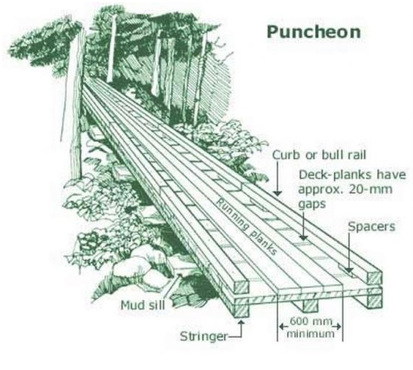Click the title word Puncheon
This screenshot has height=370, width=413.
pos(313,32)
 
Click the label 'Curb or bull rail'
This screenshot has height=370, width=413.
pos(319,155)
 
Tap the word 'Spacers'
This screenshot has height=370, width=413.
pos(372,226)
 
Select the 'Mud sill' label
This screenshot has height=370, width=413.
pos(143,306)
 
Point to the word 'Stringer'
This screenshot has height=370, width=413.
pos(204,336)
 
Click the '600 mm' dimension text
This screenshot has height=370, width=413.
pos(310,321)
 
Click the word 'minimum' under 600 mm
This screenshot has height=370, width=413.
pos(310,333)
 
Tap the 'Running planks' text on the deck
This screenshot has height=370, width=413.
pos(247,226)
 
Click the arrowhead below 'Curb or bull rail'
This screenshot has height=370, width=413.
pos(277,193)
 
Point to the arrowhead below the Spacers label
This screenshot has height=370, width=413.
pos(349,270)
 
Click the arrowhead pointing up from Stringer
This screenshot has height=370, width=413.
pos(241,322)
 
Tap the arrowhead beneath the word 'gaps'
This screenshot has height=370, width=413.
pos(303,237)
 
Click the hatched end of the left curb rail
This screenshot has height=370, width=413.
pos(241,286)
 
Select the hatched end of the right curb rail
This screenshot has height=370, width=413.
pos(374,278)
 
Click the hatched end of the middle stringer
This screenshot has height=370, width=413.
pos(310,306)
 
